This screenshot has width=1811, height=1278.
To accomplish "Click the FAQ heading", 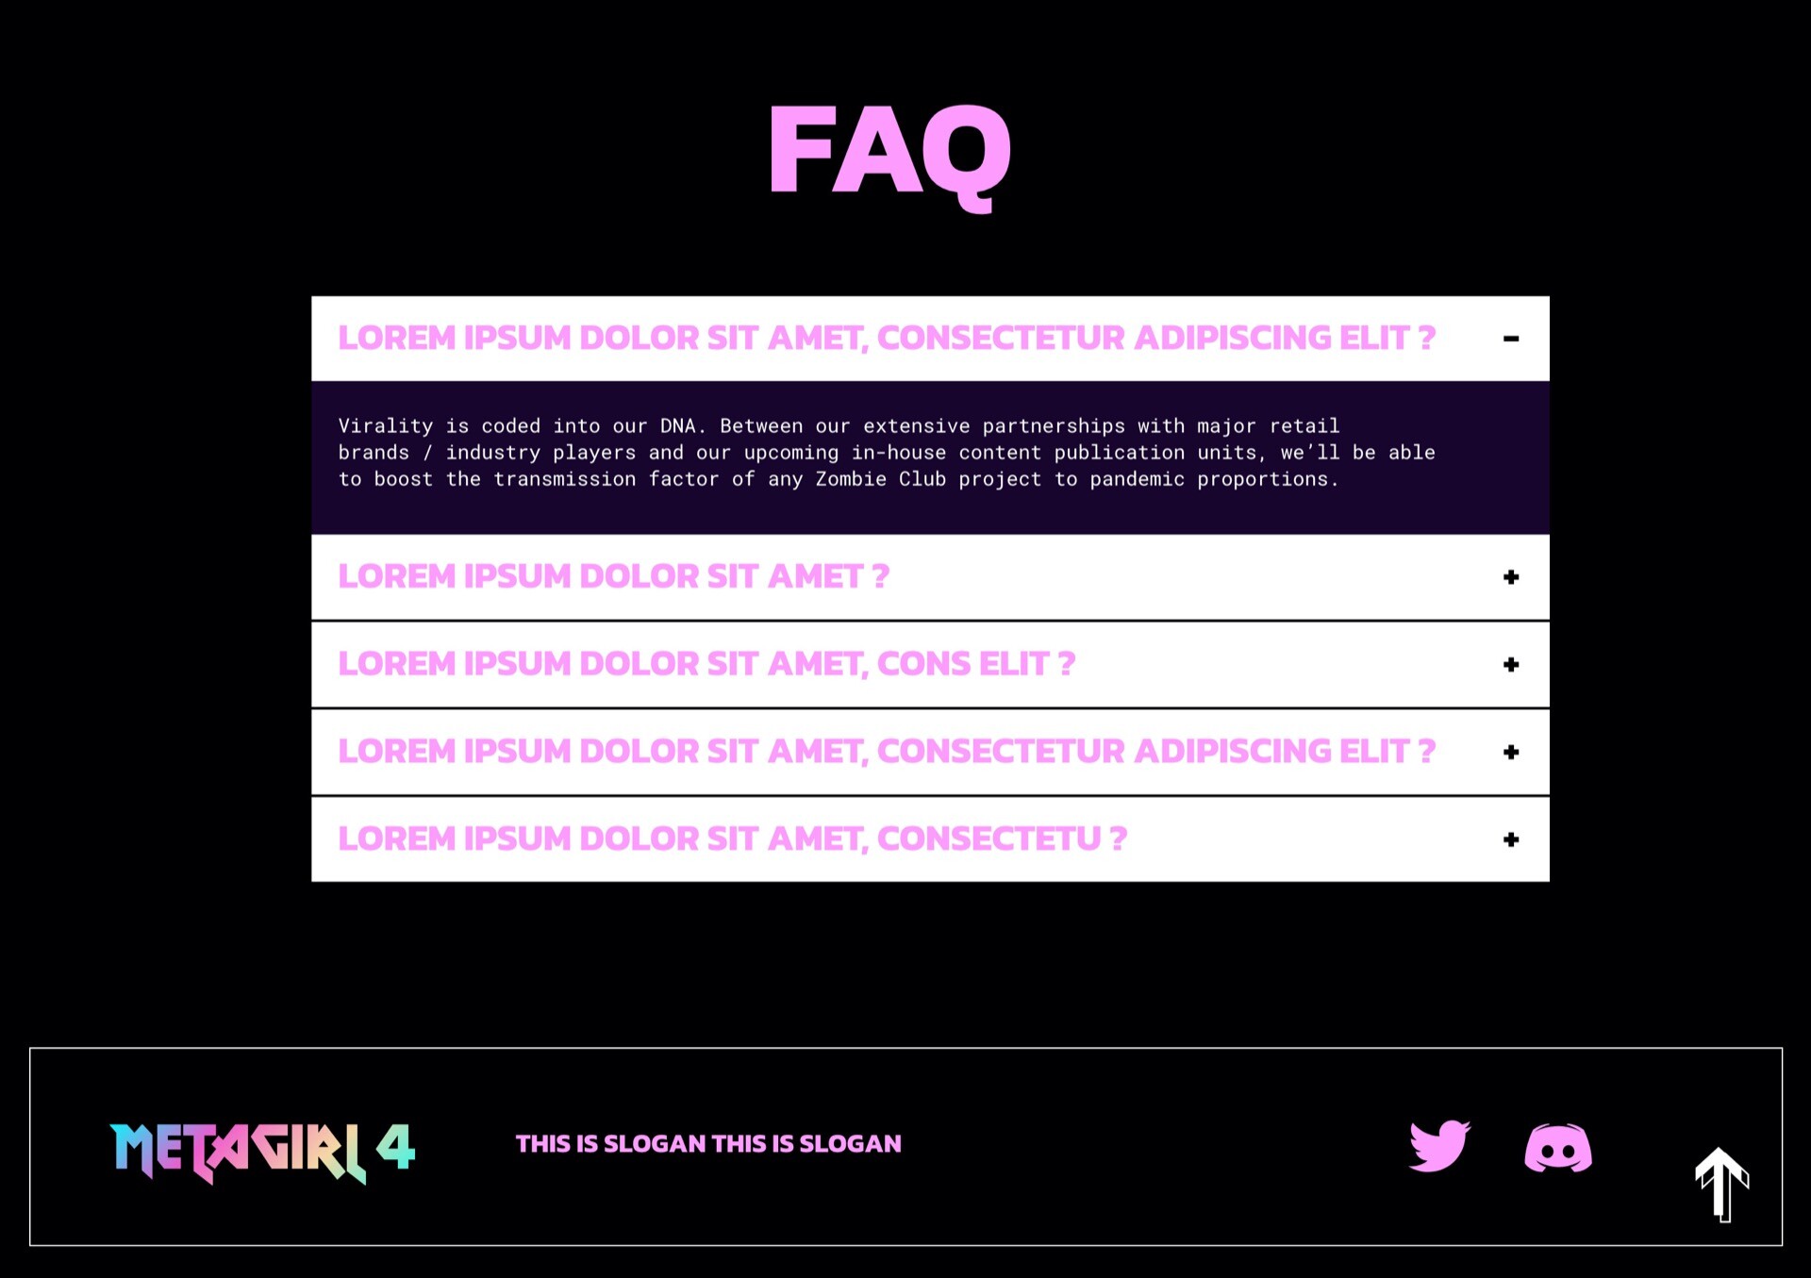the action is [x=889, y=154].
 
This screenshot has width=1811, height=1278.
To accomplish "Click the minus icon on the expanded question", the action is [x=1511, y=339].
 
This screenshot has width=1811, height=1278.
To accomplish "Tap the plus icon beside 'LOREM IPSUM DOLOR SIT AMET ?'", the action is [x=1511, y=577].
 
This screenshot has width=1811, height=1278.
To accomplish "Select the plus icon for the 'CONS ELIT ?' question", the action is [x=1511, y=665].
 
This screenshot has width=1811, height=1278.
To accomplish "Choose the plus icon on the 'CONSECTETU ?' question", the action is [x=1511, y=839].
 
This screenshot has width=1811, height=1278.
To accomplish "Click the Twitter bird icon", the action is [x=1439, y=1146].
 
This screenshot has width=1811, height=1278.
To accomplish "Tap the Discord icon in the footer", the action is [x=1558, y=1148].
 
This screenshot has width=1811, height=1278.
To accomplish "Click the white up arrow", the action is [x=1722, y=1185].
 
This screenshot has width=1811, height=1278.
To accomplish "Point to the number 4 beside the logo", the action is [x=396, y=1146].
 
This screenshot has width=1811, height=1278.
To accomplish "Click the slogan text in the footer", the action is [x=708, y=1144].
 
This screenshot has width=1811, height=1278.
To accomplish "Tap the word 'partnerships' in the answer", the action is [x=1054, y=426].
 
